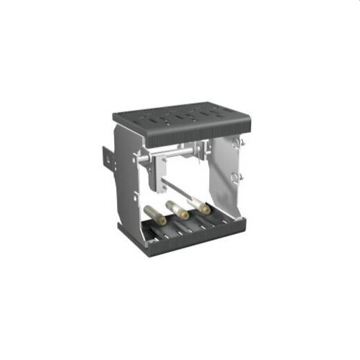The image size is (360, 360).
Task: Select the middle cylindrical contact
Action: click(x=177, y=210)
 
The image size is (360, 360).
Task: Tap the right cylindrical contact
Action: click(x=197, y=204)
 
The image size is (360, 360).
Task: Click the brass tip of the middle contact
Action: click(x=184, y=214)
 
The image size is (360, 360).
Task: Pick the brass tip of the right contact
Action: click(x=204, y=208)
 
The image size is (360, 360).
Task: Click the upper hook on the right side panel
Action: click(x=242, y=143)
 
